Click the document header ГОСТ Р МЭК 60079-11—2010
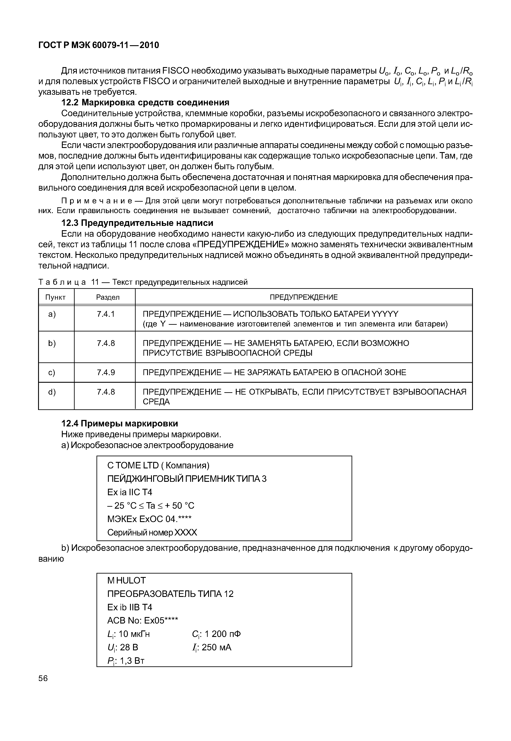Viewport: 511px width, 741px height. pos(99,45)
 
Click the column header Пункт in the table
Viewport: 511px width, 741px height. pos(55,297)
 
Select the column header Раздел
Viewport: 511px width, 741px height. pos(108,297)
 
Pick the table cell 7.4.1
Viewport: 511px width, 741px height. pos(106,314)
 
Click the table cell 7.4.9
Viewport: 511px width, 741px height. pos(106,372)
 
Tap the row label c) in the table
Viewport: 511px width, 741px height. pos(51,372)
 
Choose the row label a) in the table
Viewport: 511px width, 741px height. pos(51,314)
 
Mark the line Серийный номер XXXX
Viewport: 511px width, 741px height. pos(152,532)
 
